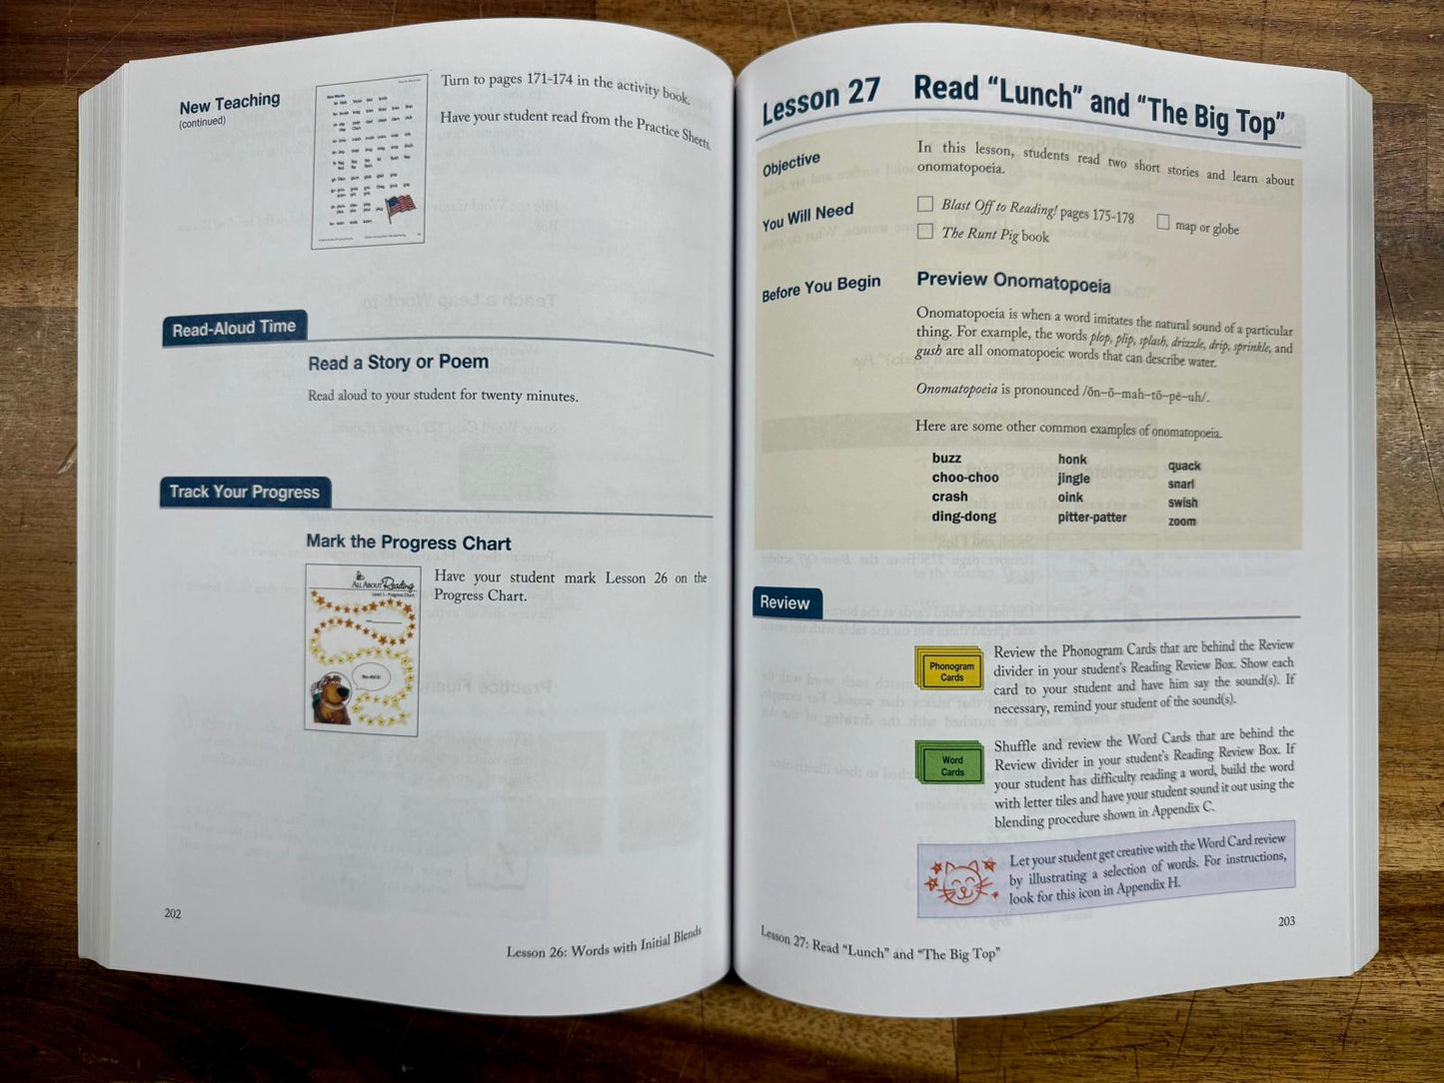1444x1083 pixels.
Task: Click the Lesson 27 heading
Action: click(820, 100)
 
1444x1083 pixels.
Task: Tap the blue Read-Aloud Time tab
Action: click(234, 329)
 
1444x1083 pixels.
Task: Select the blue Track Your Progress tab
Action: click(245, 492)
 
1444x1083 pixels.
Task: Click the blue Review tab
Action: click(784, 602)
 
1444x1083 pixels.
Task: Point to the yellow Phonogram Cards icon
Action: click(949, 669)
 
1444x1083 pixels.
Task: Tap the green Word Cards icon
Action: click(949, 763)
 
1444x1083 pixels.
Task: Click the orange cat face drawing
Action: click(962, 882)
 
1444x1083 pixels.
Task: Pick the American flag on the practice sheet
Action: click(400, 208)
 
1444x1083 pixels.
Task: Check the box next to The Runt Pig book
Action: click(925, 232)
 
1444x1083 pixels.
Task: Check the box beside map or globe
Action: click(1163, 222)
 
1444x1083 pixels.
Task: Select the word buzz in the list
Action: click(946, 459)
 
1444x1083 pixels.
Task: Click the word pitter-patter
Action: click(1091, 518)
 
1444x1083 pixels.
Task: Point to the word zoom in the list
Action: click(1182, 522)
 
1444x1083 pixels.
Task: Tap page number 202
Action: click(173, 913)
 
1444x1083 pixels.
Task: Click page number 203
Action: click(1286, 921)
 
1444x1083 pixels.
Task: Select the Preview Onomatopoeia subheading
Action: click(1013, 283)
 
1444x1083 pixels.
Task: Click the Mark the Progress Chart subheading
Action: click(408, 542)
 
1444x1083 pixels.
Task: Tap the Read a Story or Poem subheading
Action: click(398, 363)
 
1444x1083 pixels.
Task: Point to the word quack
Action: click(1184, 466)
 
